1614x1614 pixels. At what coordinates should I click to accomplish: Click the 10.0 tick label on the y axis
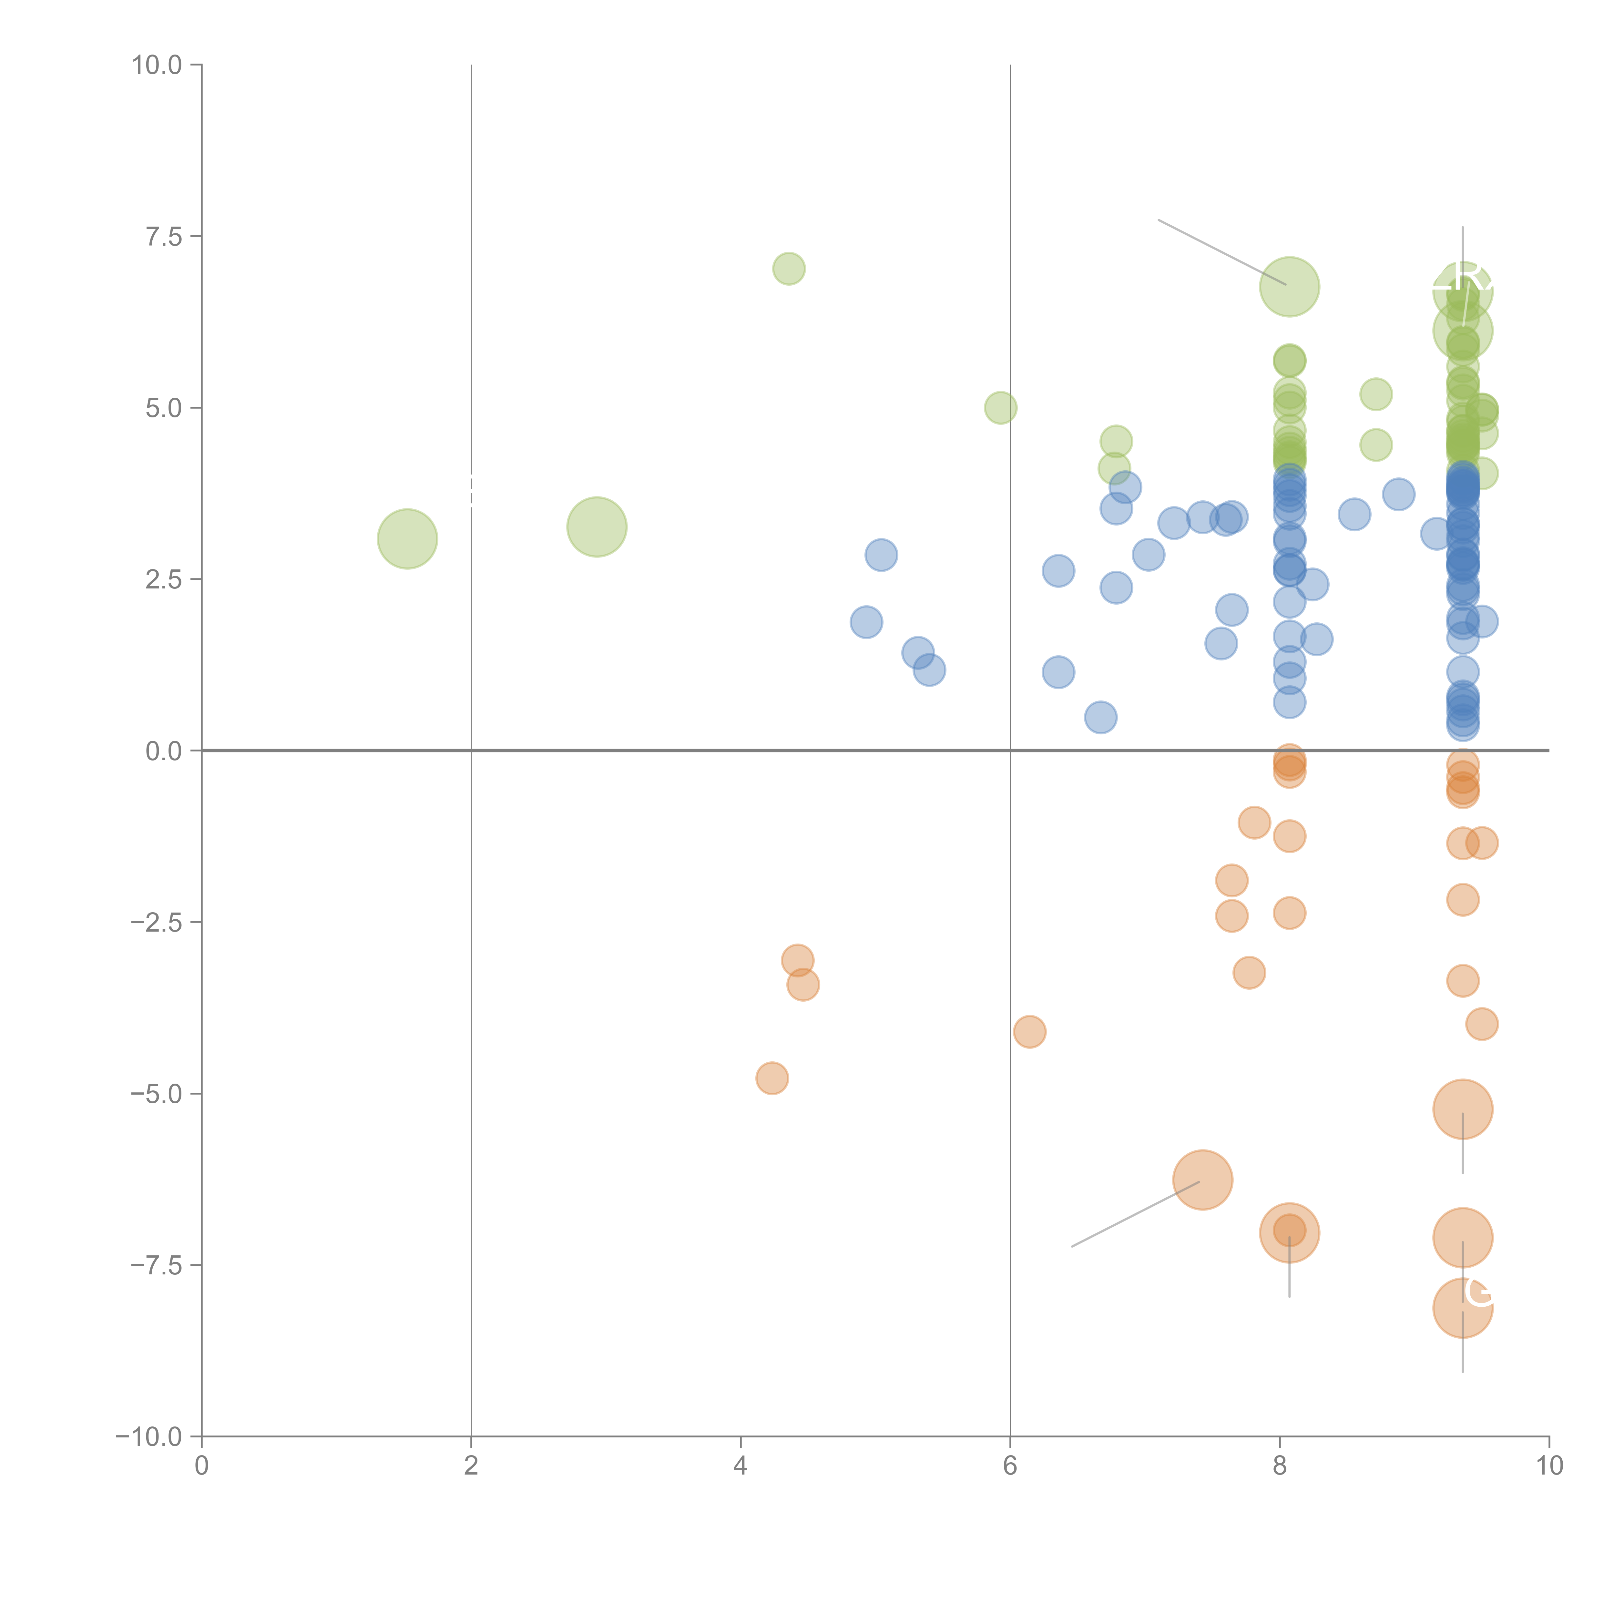(x=157, y=65)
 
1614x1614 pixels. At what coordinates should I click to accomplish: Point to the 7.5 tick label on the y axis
(x=164, y=236)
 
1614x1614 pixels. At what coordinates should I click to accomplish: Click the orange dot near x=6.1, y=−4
(x=1029, y=1032)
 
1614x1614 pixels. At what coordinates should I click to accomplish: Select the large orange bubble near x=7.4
(x=1202, y=1180)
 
